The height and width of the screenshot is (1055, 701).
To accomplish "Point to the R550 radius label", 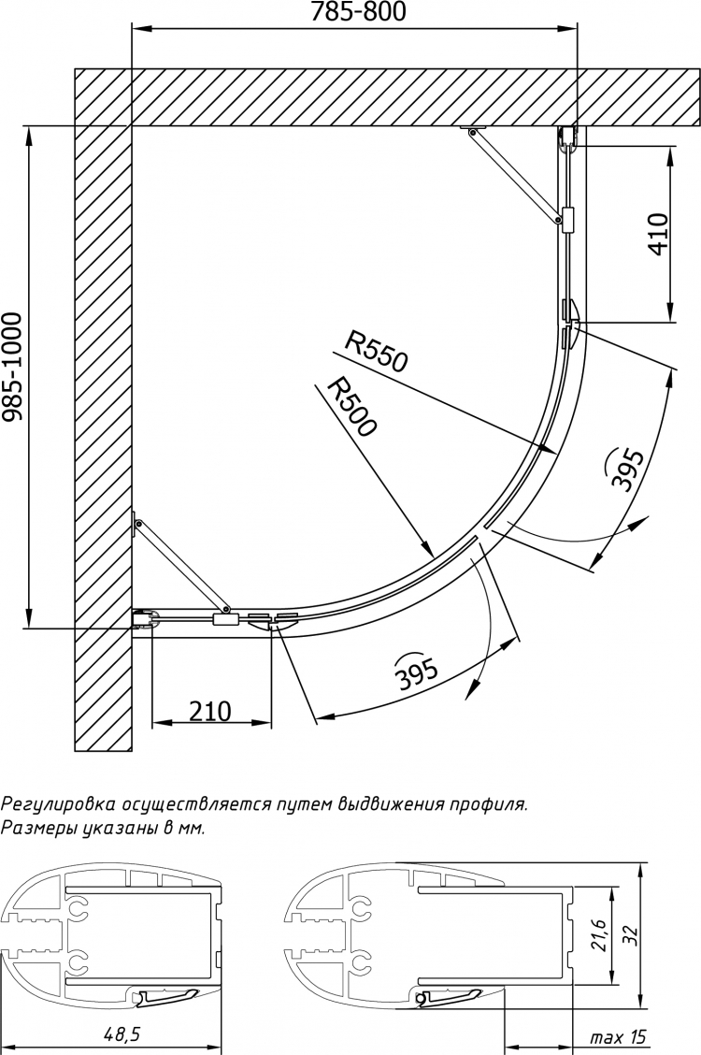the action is (x=376, y=354).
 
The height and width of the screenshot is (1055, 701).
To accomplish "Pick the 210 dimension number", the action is (x=209, y=711).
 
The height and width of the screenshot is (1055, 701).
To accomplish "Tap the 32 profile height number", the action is (x=629, y=935).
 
